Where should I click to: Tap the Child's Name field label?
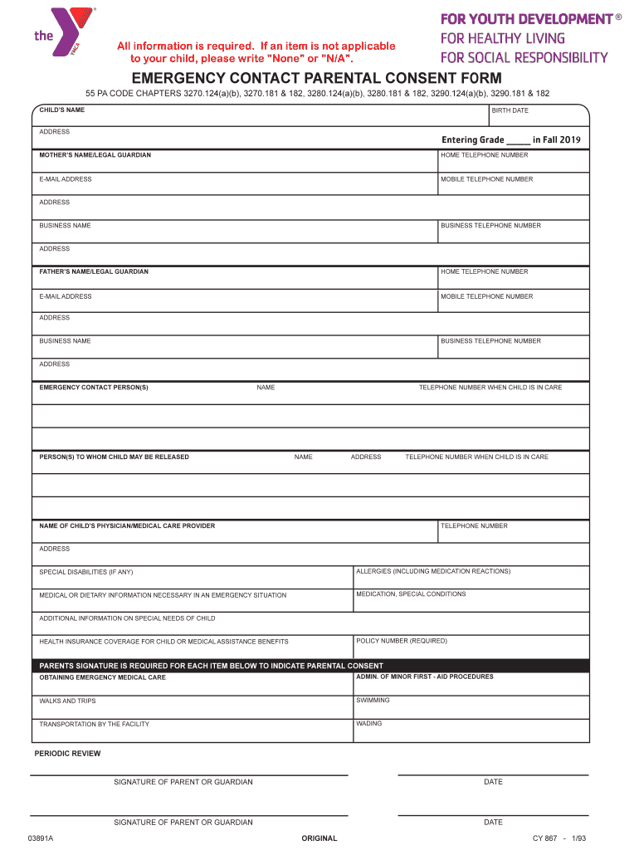[x=61, y=110]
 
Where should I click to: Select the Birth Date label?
[x=510, y=110]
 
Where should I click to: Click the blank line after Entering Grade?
[x=517, y=140]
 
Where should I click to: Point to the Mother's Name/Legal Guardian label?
[x=95, y=155]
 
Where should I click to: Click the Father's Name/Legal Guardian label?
[x=94, y=271]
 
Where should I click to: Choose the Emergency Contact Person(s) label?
[x=94, y=388]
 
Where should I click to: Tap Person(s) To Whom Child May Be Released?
[x=114, y=457]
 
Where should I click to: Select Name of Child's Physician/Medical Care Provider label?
[x=127, y=525]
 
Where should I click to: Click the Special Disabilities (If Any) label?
[x=86, y=572]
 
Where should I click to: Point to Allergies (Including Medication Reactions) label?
[x=433, y=571]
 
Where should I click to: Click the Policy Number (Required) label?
[x=402, y=641]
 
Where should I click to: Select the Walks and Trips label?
[x=67, y=701]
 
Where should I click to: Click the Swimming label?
[x=373, y=700]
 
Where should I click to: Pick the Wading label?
[x=369, y=723]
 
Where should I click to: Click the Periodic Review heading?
[x=67, y=754]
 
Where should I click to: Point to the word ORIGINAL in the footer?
[x=319, y=838]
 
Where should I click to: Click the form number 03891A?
[x=40, y=838]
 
